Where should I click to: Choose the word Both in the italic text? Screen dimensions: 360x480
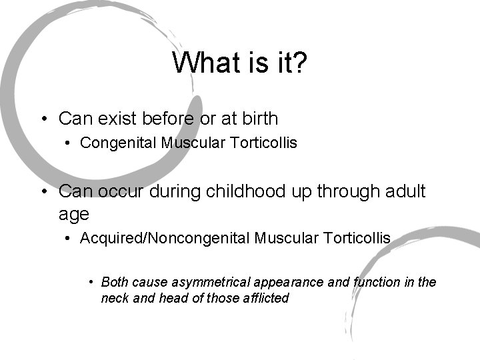[115, 283]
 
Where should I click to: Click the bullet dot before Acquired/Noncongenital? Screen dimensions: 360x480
[68, 237]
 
